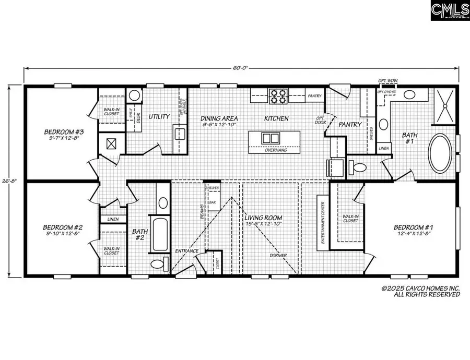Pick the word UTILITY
coord(159,116)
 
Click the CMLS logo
coord(450,10)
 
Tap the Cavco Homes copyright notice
coord(420,291)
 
